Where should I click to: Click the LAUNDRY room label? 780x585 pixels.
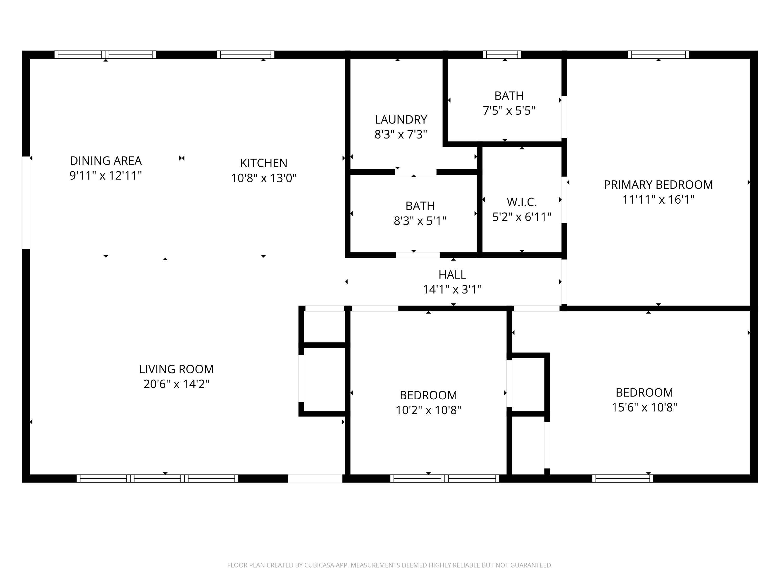(401, 120)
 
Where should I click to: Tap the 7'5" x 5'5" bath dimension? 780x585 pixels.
(509, 111)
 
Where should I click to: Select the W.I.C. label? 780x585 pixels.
(522, 202)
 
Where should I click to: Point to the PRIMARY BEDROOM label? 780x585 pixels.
(658, 185)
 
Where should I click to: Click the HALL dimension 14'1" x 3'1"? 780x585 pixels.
(452, 289)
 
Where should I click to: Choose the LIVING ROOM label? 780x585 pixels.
(176, 369)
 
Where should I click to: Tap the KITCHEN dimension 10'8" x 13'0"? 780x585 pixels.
(263, 178)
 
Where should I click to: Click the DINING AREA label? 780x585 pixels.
(106, 161)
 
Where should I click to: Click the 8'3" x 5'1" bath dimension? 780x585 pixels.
(420, 221)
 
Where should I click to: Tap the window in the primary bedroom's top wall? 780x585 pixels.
(658, 55)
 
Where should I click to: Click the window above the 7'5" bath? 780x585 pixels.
(502, 55)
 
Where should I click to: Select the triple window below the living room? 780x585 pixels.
(157, 478)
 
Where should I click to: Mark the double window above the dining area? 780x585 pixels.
(105, 55)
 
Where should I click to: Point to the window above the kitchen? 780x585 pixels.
(245, 55)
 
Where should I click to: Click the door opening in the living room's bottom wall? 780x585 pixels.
(315, 478)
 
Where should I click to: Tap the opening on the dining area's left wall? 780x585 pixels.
(26, 203)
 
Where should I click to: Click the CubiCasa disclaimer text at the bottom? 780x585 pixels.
(390, 565)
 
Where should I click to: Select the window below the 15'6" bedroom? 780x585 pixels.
(622, 478)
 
